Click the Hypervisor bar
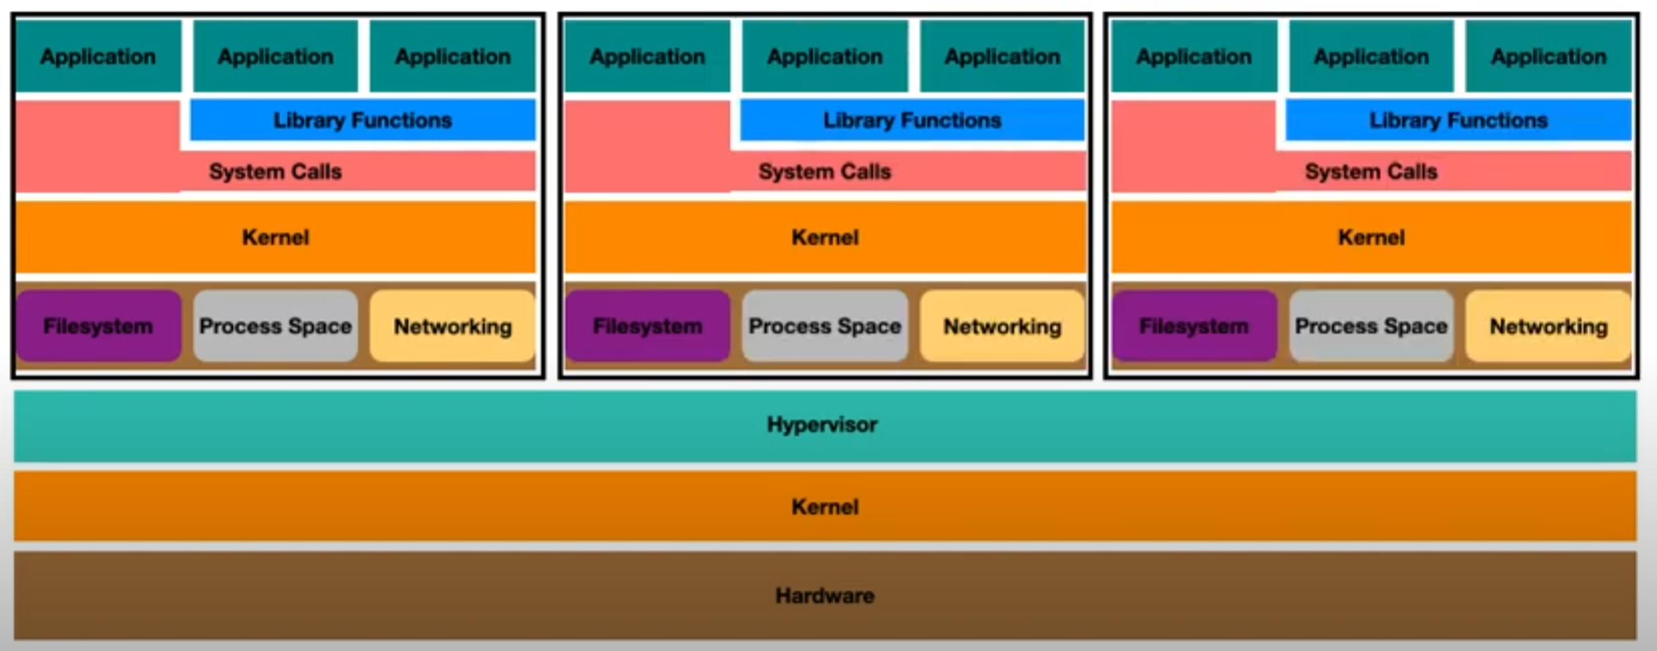click(x=823, y=425)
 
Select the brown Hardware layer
click(x=825, y=595)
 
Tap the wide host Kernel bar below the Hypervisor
click(x=825, y=507)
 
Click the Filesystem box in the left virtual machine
click(x=99, y=326)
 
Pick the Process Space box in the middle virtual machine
click(x=825, y=326)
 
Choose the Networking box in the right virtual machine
click(x=1548, y=326)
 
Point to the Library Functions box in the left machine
click(x=363, y=120)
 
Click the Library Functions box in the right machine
click(x=1458, y=120)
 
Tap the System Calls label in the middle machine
click(x=825, y=172)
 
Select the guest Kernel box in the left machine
click(x=275, y=237)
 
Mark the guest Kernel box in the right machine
click(x=1371, y=237)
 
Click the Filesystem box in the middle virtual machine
click(x=647, y=326)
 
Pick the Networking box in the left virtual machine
click(x=453, y=326)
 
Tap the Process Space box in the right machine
click(x=1371, y=326)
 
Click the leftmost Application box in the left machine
click(x=98, y=57)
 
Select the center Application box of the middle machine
click(x=825, y=57)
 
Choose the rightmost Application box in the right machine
click(x=1548, y=57)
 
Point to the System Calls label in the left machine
click(x=275, y=172)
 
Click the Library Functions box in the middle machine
click(x=912, y=120)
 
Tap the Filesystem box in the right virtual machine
click(x=1194, y=326)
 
